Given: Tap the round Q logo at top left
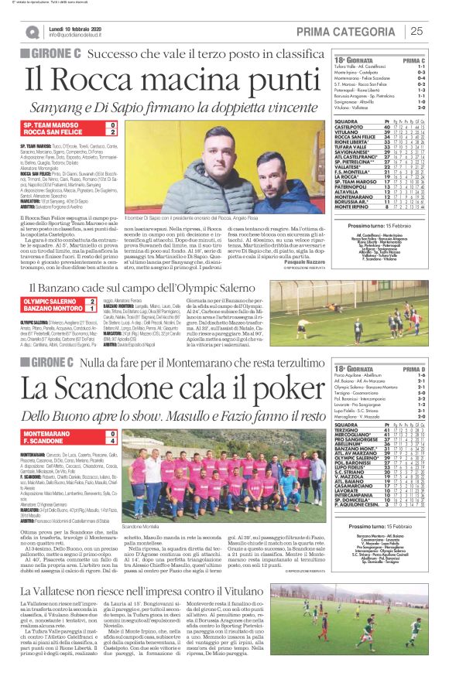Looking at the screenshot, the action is tap(32, 32).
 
